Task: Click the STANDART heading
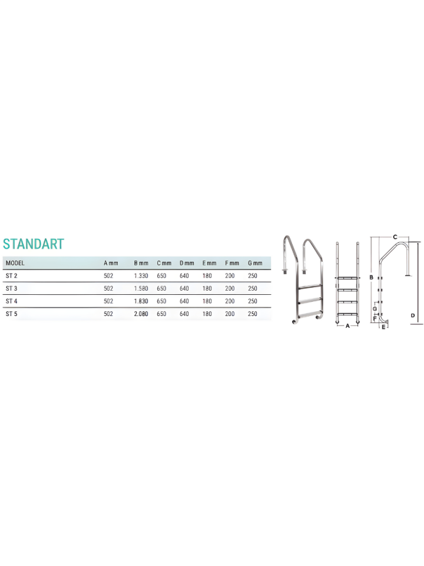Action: (x=33, y=244)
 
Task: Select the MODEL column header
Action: (x=15, y=263)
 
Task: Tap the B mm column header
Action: (x=141, y=263)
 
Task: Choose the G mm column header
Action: (x=255, y=263)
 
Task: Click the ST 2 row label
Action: (x=11, y=275)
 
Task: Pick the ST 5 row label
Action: (x=11, y=314)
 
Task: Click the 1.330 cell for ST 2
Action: (x=141, y=275)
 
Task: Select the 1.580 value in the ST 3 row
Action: (x=141, y=288)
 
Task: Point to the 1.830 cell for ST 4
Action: (x=141, y=301)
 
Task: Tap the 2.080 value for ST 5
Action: (x=141, y=314)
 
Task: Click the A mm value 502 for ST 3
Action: (x=108, y=288)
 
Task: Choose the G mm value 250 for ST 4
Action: (x=253, y=301)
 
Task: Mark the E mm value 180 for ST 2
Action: (x=207, y=275)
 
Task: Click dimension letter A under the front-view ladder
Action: (x=347, y=325)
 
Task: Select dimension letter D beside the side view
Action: (x=413, y=316)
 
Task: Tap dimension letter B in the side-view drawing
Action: (x=371, y=277)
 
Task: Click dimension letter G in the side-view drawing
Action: (x=375, y=308)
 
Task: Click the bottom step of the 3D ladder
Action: (x=310, y=313)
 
